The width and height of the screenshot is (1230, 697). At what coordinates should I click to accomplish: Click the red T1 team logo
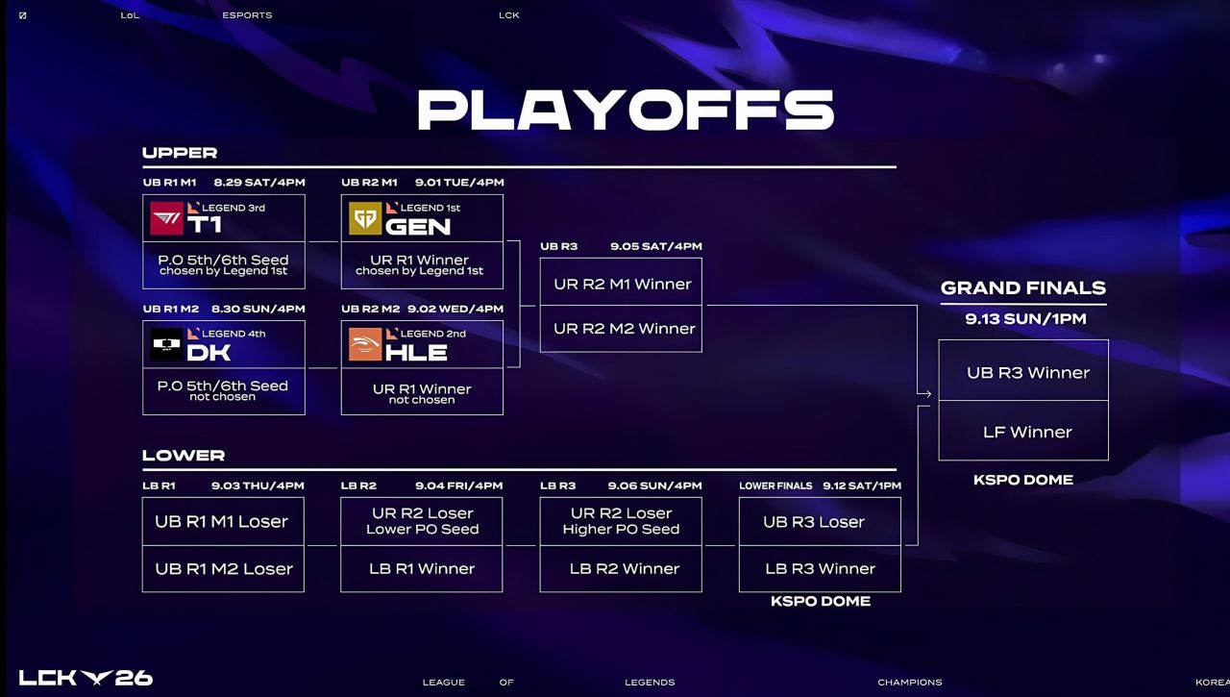pos(166,218)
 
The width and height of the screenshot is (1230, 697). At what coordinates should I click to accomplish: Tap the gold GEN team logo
pos(365,218)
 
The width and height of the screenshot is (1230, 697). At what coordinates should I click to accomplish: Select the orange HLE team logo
pos(365,344)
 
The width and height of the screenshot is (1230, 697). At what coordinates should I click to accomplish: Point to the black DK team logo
pos(166,344)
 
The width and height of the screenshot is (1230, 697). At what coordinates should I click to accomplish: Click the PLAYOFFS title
pos(626,110)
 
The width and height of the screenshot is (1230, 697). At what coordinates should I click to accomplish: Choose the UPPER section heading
pos(180,153)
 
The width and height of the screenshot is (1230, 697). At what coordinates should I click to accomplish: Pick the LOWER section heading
pos(184,456)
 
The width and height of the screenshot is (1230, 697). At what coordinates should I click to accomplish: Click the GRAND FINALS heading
pos(1023,287)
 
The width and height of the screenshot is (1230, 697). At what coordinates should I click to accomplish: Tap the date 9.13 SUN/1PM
pos(1025,319)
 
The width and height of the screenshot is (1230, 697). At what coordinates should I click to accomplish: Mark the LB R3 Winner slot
pos(820,568)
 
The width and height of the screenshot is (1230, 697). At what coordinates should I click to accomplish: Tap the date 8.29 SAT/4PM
pos(259,183)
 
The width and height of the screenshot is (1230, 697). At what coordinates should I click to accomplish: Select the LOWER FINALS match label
pos(775,486)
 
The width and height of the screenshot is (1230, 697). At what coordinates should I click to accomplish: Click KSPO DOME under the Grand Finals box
pos(1023,480)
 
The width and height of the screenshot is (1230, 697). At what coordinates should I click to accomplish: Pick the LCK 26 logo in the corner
pos(86,678)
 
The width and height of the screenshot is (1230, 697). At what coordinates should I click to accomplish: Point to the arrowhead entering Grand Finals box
pos(927,394)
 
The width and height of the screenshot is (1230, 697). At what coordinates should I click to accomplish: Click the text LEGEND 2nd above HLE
pos(432,334)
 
